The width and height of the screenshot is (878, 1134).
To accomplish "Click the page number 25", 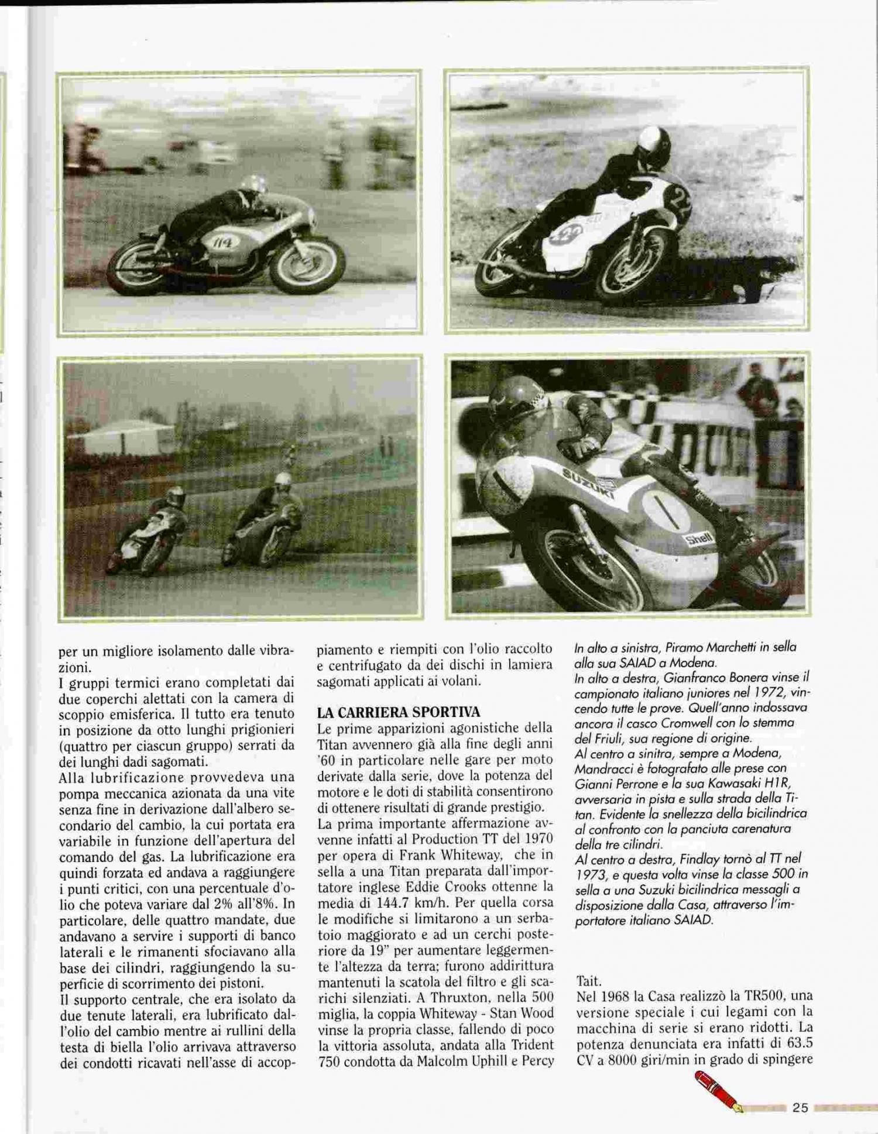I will [800, 1107].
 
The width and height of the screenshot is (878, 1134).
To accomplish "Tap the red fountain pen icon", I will [718, 1091].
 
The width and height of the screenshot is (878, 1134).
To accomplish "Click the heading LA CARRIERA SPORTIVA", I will [398, 712].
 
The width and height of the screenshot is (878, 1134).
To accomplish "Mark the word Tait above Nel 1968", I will [589, 980].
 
